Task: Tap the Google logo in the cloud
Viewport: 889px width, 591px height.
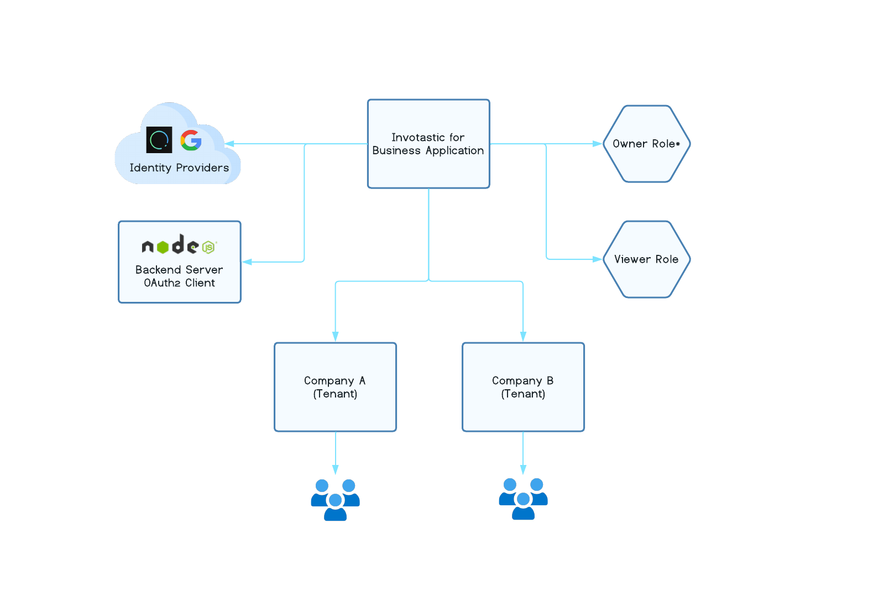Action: coord(191,140)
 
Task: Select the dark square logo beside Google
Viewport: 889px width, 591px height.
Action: coord(159,140)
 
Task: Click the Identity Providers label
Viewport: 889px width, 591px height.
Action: coord(179,168)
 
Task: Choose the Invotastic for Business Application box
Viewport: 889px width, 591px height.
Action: coord(428,144)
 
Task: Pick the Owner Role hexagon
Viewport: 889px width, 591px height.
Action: coord(646,144)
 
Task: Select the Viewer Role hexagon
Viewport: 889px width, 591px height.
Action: coord(646,259)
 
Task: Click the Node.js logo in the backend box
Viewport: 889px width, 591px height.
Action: coord(179,245)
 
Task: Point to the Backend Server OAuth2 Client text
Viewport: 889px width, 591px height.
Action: coord(179,276)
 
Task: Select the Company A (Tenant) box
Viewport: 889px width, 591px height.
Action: coord(335,387)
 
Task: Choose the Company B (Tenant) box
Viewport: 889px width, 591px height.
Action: coord(523,387)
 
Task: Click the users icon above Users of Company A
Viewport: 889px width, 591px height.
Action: coord(335,500)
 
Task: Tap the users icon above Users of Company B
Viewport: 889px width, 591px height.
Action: coord(523,499)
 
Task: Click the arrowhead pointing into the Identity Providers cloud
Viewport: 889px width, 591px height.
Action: coord(229,144)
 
